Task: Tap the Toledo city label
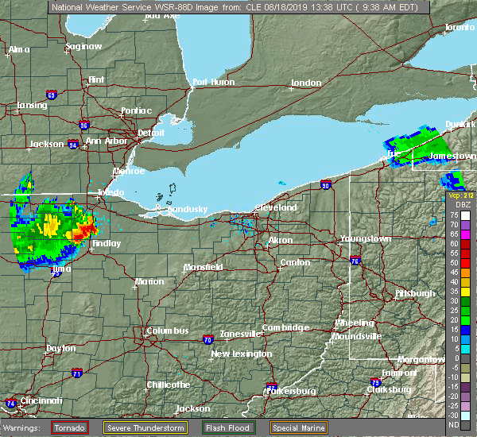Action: pyautogui.click(x=110, y=193)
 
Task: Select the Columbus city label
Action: pyautogui.click(x=167, y=331)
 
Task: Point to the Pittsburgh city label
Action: pyautogui.click(x=415, y=293)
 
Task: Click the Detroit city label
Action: pyautogui.click(x=150, y=132)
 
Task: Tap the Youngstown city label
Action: pyautogui.click(x=365, y=239)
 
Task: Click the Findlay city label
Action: pyautogui.click(x=106, y=243)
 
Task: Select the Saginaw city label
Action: pyautogui.click(x=83, y=46)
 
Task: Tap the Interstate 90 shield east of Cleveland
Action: pyautogui.click(x=327, y=185)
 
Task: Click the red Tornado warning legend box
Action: pyautogui.click(x=70, y=427)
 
